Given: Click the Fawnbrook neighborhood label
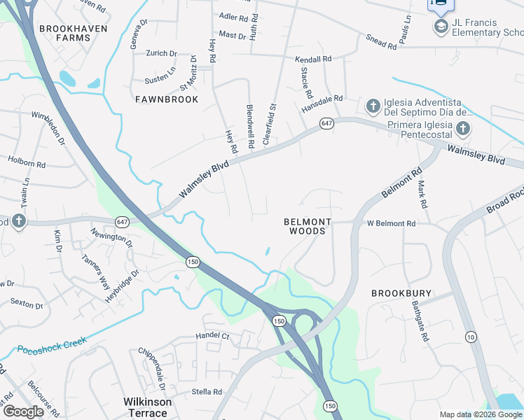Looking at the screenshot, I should tap(167, 99).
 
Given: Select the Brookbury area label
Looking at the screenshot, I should tap(401, 293).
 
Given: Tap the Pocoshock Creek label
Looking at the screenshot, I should tap(52, 345).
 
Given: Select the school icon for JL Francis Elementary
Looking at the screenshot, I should tap(441, 27).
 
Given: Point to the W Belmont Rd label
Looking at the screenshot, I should tap(392, 223).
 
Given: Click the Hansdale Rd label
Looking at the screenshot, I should tap(322, 104).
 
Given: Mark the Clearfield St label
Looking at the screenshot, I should tap(270, 124).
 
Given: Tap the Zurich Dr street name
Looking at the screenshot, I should tap(162, 53).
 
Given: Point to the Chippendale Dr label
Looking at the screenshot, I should tap(152, 370).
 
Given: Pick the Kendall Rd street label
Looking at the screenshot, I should tap(313, 60).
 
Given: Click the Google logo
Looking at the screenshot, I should tap(23, 411).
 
